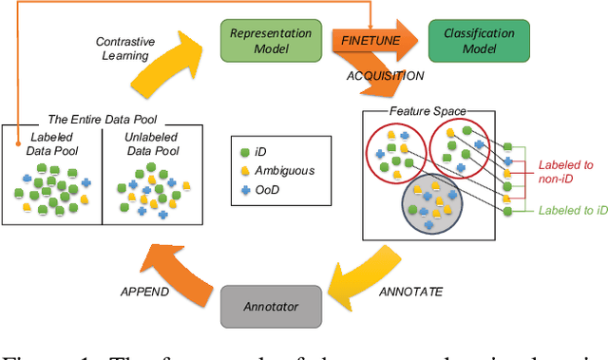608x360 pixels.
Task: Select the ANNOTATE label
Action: point(409,292)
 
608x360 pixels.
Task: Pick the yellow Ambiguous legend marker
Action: point(243,169)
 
